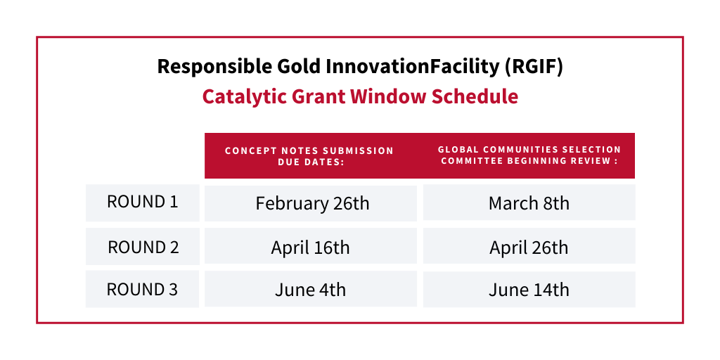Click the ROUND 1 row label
pos(142,202)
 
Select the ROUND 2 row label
pos(143,247)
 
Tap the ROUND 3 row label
pos(142,289)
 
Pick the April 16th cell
pos(310,247)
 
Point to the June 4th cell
pos(310,290)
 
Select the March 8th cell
pos(529,203)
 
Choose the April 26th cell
pos(529,247)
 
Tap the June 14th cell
pos(529,290)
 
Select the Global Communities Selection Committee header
pos(529,155)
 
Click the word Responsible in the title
pos(214,67)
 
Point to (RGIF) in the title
pos(534,67)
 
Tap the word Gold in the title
pos(298,67)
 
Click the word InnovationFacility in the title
pos(412,67)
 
